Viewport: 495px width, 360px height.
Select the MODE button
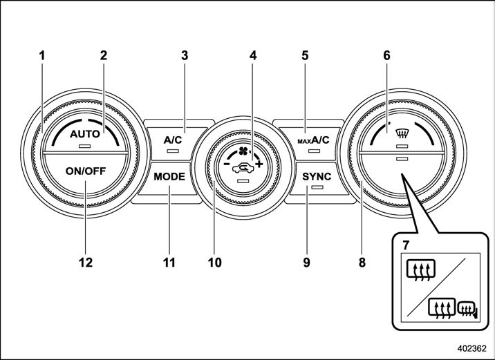point(169,176)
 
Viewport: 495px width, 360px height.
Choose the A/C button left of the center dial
point(172,140)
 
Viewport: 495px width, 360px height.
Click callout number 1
point(42,55)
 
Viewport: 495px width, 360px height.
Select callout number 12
point(86,263)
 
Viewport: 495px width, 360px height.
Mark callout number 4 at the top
point(253,55)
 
